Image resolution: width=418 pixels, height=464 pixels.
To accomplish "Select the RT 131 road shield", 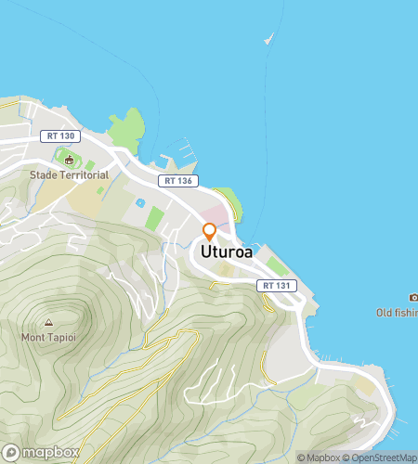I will coord(277,285).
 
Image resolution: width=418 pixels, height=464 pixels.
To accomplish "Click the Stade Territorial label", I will coord(69,174).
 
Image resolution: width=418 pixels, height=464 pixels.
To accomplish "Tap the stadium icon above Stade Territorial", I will coord(68,160).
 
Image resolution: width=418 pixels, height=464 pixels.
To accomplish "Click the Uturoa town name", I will coord(226,251).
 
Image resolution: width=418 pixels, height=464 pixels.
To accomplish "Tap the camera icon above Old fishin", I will coord(412,297).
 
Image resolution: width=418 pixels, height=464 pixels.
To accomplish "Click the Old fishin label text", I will coord(397,312).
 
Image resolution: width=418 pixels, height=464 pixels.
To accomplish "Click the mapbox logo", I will coord(39,453).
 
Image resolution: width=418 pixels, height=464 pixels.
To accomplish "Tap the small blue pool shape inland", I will coord(140,202).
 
